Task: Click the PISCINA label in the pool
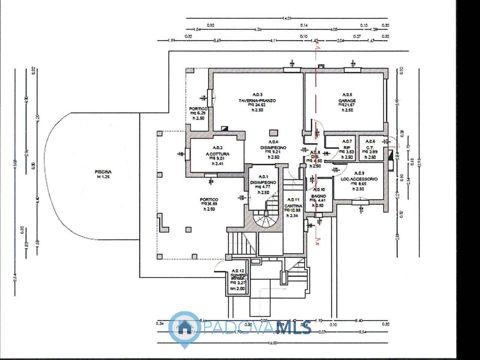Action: click(x=103, y=172)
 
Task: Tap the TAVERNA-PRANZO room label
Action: click(x=257, y=100)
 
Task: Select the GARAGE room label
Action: click(x=347, y=100)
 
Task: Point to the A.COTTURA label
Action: click(x=217, y=154)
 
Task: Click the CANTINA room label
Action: click(x=293, y=206)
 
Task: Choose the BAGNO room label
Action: click(x=318, y=196)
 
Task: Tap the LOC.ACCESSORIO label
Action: click(x=359, y=179)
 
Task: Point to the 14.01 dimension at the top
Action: click(x=287, y=18)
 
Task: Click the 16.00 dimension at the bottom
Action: click(x=272, y=343)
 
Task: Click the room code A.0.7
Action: click(x=347, y=141)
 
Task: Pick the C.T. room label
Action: click(x=370, y=147)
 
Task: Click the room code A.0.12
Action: click(x=238, y=271)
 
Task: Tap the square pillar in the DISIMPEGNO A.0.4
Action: click(x=273, y=133)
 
